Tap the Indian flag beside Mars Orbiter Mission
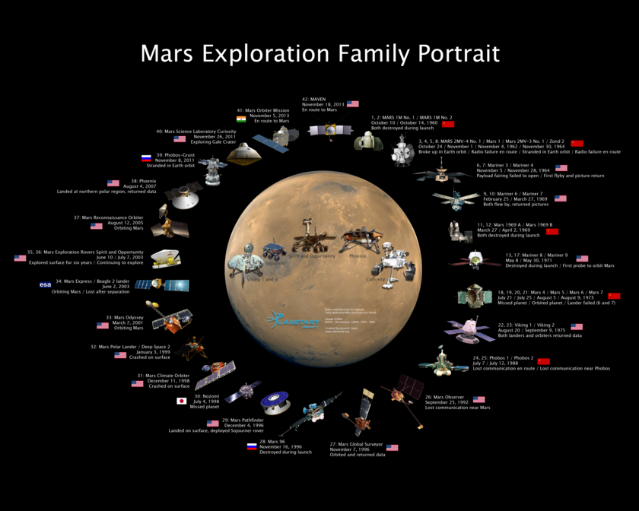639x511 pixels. pyautogui.click(x=241, y=119)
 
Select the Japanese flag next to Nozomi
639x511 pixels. pyautogui.click(x=182, y=401)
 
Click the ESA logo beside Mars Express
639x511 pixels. pyautogui.click(x=46, y=284)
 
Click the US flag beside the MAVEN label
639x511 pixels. pyautogui.click(x=352, y=104)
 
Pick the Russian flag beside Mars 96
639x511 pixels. pyautogui.click(x=251, y=446)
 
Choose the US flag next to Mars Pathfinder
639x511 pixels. pyautogui.click(x=212, y=424)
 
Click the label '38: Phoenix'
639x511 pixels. pyautogui.click(x=139, y=181)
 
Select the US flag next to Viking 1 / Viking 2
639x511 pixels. pyautogui.click(x=576, y=327)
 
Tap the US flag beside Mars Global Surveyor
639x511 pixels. pyautogui.click(x=392, y=448)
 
